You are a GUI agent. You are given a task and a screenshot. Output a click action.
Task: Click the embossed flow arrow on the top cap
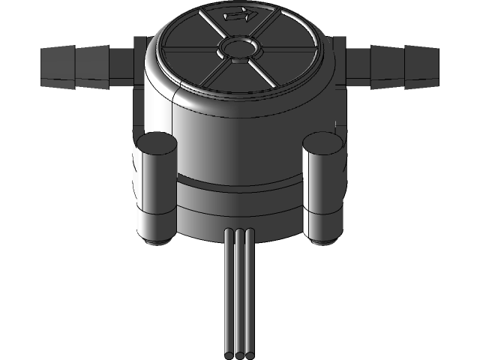239,14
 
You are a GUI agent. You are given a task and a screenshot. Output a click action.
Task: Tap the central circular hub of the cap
238,49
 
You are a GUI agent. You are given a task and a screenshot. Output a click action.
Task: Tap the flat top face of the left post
156,142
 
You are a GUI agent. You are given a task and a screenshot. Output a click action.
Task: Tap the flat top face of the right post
323,142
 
